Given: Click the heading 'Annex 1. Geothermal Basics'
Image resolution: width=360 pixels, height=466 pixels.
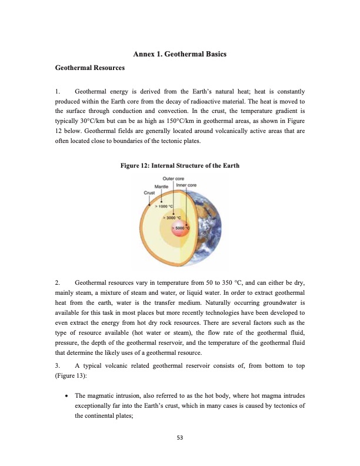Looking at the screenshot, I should click(180, 54).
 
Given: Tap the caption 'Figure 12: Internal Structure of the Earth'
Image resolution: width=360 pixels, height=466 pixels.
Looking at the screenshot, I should click(180, 165).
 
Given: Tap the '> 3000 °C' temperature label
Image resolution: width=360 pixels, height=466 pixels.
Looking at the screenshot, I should click(172, 217).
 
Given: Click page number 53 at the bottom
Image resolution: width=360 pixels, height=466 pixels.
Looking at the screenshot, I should click(180, 437).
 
